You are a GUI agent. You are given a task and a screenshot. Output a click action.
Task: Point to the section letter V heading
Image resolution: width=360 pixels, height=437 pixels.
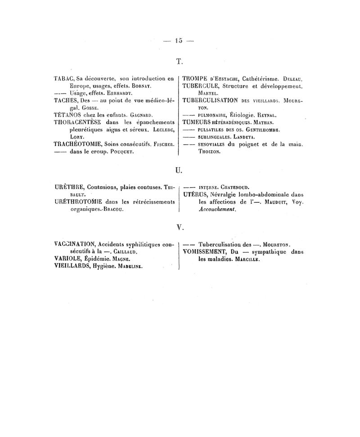(179, 227)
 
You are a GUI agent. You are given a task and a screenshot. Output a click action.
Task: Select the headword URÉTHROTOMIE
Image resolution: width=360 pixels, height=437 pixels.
(78, 202)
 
